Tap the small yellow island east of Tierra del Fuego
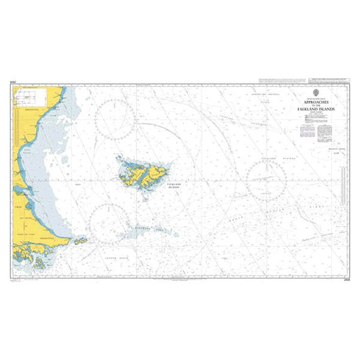point(80,241)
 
